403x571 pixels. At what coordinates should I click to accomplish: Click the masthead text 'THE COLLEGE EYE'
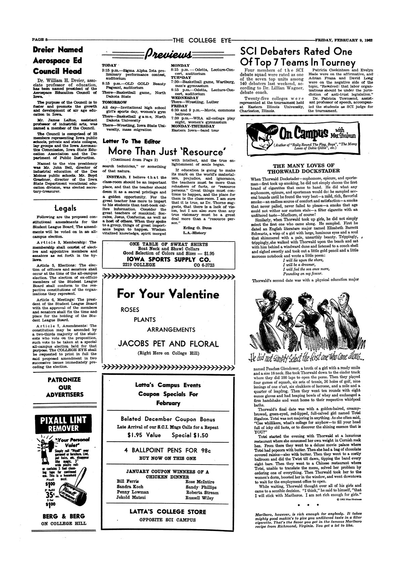[x=202, y=41]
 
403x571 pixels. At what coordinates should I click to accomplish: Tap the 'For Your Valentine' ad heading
[x=168, y=295]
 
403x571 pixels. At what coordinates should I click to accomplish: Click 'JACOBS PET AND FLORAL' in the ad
[x=168, y=344]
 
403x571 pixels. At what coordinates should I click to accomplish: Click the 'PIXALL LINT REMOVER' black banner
[x=63, y=424]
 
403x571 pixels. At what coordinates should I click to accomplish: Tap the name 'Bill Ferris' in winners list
[x=125, y=481]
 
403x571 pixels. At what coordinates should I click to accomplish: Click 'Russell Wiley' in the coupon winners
[x=200, y=498]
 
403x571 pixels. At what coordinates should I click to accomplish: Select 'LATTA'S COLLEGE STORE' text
[x=168, y=512]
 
